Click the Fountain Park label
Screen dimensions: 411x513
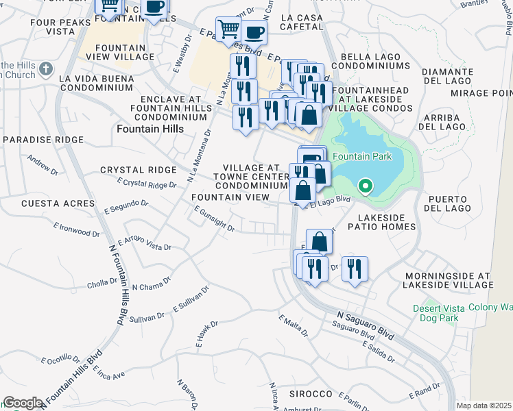tap(362, 156)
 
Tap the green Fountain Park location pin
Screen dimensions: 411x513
tap(366, 186)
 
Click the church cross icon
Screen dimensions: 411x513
tap(46, 68)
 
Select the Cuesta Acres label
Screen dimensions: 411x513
tap(58, 203)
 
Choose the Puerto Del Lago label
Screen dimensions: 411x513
tap(449, 203)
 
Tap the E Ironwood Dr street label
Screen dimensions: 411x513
tap(76, 229)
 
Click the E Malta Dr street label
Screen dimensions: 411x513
tap(293, 325)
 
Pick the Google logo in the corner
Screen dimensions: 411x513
tap(22, 403)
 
